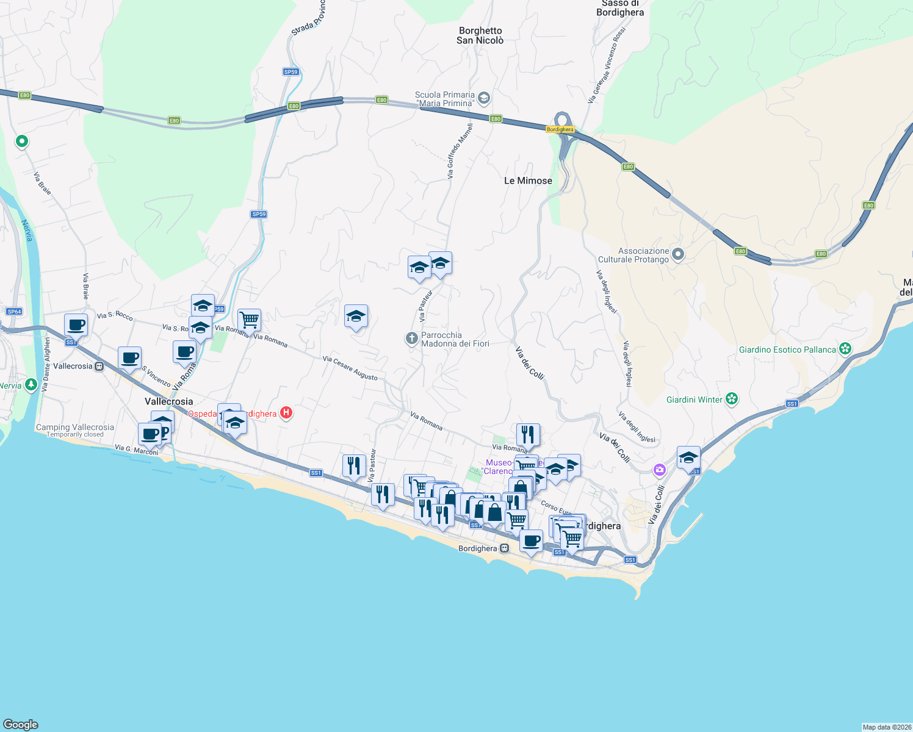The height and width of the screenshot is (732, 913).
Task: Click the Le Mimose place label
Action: pos(528,181)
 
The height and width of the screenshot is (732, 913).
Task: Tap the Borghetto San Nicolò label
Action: pos(480,35)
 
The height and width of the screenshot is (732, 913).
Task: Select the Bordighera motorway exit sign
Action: pos(560,129)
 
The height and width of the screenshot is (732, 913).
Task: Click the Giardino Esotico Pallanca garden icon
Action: pos(845,349)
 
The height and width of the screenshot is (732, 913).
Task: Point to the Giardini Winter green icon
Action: pos(732,400)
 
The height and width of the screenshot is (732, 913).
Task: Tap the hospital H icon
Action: pos(286,413)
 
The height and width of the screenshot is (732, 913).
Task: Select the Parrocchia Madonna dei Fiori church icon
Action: pos(412,339)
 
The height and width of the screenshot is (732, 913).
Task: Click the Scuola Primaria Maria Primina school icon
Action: pos(484,98)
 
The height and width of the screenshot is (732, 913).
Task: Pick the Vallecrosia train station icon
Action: pos(99,366)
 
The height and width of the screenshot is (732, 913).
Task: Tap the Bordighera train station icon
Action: pos(504,548)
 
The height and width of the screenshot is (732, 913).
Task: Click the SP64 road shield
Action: pos(14,312)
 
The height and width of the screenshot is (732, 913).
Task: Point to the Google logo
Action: pos(21,725)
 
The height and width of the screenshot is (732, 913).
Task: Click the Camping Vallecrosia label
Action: pos(75,428)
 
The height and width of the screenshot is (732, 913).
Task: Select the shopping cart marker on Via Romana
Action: pos(249,319)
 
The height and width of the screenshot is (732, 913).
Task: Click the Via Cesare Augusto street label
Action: pos(350,368)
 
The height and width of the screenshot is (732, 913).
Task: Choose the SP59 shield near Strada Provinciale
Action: pos(291,72)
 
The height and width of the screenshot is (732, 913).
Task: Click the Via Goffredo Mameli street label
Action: pos(460,151)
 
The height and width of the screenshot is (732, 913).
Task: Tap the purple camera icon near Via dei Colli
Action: pos(659,470)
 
